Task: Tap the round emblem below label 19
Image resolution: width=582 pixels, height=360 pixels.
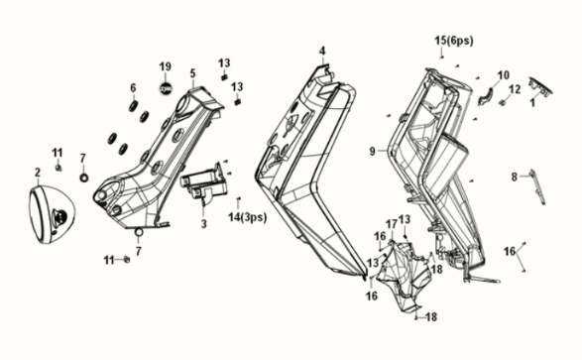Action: click(166, 88)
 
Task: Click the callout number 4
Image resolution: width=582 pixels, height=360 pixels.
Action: click(321, 50)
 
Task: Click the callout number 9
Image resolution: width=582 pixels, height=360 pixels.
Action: click(372, 151)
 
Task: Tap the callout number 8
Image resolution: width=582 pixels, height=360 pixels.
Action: click(514, 177)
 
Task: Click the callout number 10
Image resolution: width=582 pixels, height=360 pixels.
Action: click(503, 74)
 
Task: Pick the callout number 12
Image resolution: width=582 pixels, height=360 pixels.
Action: click(515, 89)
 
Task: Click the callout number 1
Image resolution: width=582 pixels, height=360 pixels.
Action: click(532, 102)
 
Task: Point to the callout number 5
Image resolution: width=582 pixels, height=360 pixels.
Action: click(193, 72)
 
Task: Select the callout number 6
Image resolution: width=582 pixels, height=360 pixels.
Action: click(132, 87)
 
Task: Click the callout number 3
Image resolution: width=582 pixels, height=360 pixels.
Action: click(203, 225)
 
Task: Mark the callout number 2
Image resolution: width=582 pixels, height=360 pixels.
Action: click(38, 172)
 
